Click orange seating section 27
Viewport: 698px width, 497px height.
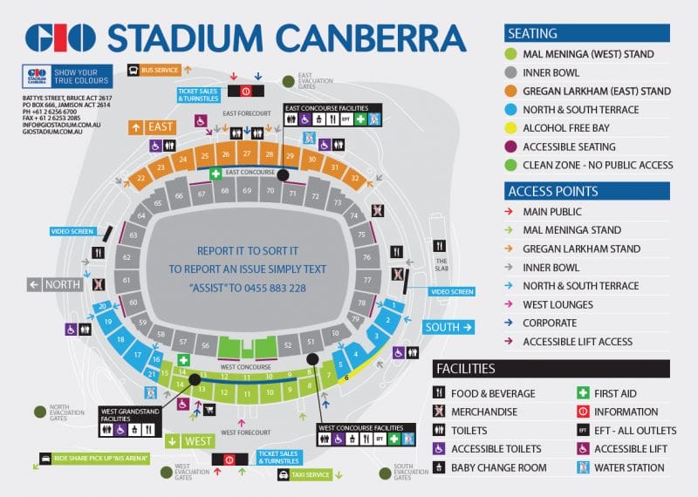247,154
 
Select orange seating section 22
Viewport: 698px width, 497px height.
140,179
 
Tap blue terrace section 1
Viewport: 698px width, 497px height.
394,306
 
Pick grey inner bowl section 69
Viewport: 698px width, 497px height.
247,190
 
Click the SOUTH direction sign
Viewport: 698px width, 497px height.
449,327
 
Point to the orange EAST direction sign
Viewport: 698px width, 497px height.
152,126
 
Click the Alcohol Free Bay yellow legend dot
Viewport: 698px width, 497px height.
511,127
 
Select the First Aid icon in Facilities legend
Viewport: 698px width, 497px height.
583,393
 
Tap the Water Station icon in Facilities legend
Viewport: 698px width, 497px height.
583,467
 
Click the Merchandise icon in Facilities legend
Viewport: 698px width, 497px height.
440,412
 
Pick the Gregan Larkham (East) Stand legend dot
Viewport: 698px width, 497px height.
511,91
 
